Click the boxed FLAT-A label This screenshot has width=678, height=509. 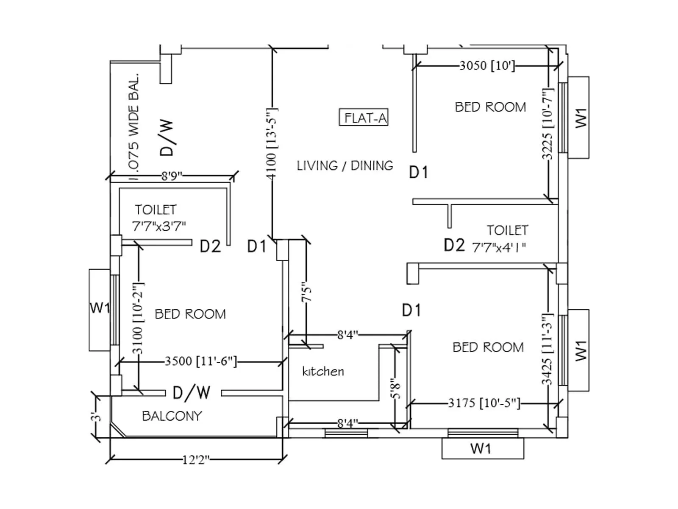pos(364,117)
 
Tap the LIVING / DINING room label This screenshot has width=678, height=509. pos(345,165)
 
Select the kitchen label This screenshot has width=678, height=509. pos(323,372)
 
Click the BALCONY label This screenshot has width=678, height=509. pos(172,416)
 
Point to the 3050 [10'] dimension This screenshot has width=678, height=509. pos(487,65)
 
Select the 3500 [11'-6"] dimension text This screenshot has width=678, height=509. pos(200,361)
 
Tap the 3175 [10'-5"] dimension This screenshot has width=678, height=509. pos(484,403)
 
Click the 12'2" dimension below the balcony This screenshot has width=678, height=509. pos(196,459)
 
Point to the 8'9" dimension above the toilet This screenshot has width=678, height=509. pos(171,176)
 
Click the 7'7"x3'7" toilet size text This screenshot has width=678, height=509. pos(159,226)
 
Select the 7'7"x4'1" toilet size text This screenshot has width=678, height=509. pos(499,247)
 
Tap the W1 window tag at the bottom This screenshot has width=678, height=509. pos(481,448)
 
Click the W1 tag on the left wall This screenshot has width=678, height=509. pos(100,308)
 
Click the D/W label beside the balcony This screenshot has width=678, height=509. pos(192,393)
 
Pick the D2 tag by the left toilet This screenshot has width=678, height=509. pos(210,246)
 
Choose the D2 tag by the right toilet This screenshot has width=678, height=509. pos(454,245)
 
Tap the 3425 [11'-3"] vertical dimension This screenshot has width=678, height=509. pos(547,349)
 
